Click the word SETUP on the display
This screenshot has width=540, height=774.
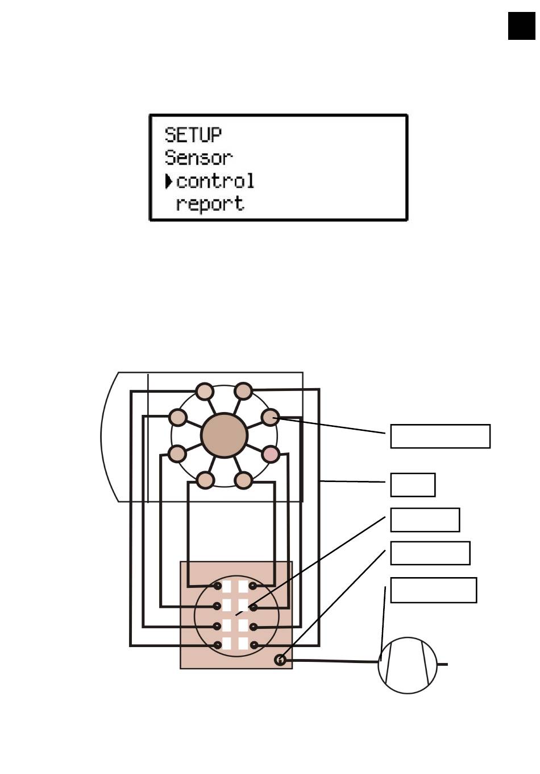[x=193, y=135]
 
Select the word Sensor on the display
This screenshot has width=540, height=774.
[x=199, y=158]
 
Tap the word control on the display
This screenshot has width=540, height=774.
[x=215, y=181]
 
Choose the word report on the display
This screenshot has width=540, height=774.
[x=210, y=204]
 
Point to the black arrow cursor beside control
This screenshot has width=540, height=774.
[x=169, y=181]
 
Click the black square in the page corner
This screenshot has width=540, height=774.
[x=521, y=26]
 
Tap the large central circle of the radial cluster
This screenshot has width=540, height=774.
[x=225, y=435]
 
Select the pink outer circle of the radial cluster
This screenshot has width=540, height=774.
[x=271, y=454]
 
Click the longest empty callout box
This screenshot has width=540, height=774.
[x=441, y=437]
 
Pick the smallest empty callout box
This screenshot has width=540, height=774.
[x=413, y=485]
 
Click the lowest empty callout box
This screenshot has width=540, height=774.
[x=433, y=590]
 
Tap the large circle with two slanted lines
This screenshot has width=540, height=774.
[x=408, y=665]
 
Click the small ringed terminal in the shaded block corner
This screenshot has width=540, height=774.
[x=280, y=660]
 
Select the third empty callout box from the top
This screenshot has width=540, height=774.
[x=425, y=520]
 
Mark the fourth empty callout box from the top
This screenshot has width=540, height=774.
[x=430, y=553]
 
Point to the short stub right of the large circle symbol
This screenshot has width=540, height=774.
[x=443, y=664]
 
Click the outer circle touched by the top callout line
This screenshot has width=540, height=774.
[x=270, y=417]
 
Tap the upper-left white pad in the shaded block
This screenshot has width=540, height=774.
[x=226, y=586]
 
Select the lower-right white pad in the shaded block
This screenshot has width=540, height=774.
[x=243, y=644]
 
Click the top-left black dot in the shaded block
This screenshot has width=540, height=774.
[x=217, y=586]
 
